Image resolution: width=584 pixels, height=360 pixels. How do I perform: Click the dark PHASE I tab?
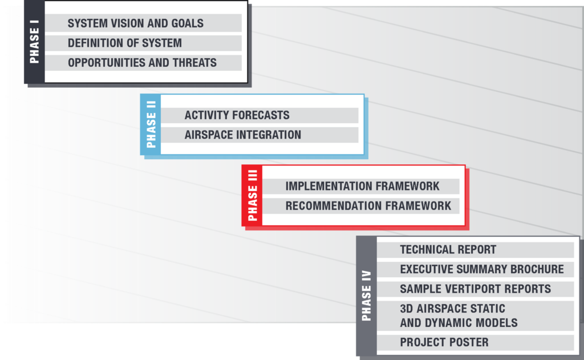click(34, 42)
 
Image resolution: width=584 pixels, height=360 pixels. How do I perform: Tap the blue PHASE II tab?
click(151, 124)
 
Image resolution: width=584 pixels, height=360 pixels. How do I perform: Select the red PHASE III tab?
click(252, 195)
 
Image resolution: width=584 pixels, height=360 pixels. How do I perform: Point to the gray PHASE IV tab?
click(367, 296)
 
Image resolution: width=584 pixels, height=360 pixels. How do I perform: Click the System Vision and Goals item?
click(143, 23)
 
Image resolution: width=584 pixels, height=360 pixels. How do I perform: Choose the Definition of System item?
click(143, 43)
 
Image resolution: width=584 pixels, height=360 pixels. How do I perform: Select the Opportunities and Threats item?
click(143, 63)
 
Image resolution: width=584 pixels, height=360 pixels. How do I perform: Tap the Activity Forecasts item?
click(259, 115)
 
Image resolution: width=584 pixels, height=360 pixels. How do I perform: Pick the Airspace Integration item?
click(259, 135)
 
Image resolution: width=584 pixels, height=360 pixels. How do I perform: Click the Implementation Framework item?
click(361, 186)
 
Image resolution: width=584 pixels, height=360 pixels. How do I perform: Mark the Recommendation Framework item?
click(361, 206)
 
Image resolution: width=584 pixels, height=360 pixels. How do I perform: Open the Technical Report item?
click(475, 250)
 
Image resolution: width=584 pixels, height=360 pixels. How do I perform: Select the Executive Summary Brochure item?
click(475, 269)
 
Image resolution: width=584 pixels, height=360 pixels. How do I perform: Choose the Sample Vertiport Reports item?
click(475, 289)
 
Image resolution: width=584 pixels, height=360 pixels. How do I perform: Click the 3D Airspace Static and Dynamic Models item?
click(475, 315)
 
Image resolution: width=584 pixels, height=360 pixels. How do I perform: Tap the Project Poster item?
click(475, 342)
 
